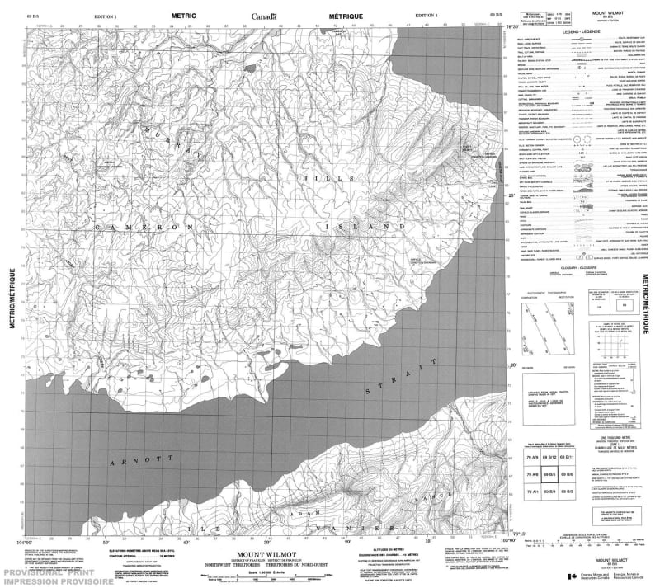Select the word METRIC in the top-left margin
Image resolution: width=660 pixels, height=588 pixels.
[183, 16]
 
